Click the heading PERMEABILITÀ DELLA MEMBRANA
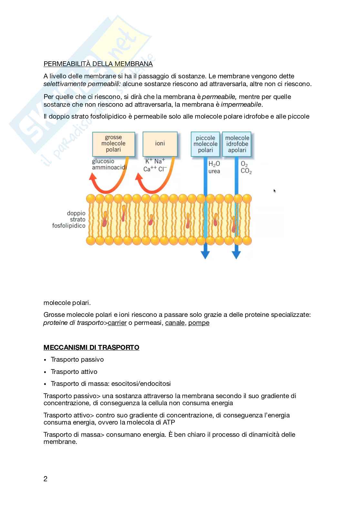(x=98, y=64)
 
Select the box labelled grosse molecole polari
(x=113, y=143)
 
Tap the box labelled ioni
(x=160, y=143)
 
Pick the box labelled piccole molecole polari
(x=205, y=144)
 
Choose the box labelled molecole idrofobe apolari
(x=237, y=144)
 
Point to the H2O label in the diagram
(x=214, y=164)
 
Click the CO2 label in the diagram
(x=246, y=171)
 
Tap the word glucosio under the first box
(x=103, y=161)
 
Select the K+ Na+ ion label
(x=155, y=161)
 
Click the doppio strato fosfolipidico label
(x=69, y=220)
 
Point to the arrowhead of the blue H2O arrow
(x=205, y=255)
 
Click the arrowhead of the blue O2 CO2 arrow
(x=236, y=255)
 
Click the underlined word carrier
(x=117, y=323)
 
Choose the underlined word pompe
(x=199, y=323)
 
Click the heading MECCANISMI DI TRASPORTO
(x=91, y=347)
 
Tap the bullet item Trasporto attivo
(x=74, y=372)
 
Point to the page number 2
(x=45, y=479)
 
